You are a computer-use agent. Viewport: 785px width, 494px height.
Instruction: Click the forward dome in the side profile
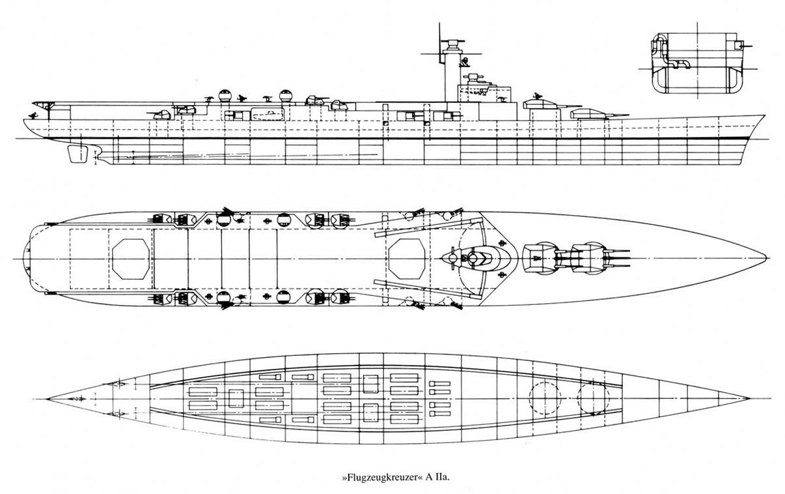(284, 95)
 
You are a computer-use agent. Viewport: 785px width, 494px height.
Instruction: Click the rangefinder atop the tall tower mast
(453, 44)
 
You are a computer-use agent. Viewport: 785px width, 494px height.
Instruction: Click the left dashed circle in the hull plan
(545, 398)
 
